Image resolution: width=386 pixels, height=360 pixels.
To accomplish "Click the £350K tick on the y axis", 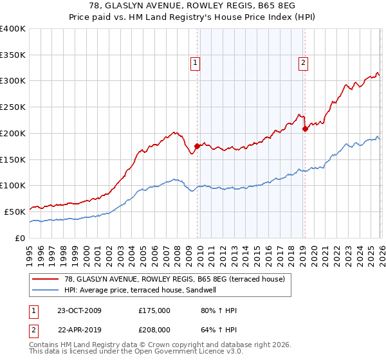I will (13, 55).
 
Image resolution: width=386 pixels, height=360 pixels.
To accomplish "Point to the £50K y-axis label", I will (14, 212).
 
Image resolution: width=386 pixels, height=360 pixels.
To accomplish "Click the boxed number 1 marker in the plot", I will (195, 63).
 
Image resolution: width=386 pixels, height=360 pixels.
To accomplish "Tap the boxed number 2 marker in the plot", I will (302, 63).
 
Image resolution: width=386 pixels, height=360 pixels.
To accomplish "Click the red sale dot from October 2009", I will (197, 146).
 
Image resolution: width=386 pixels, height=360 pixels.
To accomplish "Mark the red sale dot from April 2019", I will (305, 129).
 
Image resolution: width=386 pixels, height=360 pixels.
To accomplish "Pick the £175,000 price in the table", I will (154, 311).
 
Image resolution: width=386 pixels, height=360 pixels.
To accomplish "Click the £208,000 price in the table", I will (154, 329).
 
